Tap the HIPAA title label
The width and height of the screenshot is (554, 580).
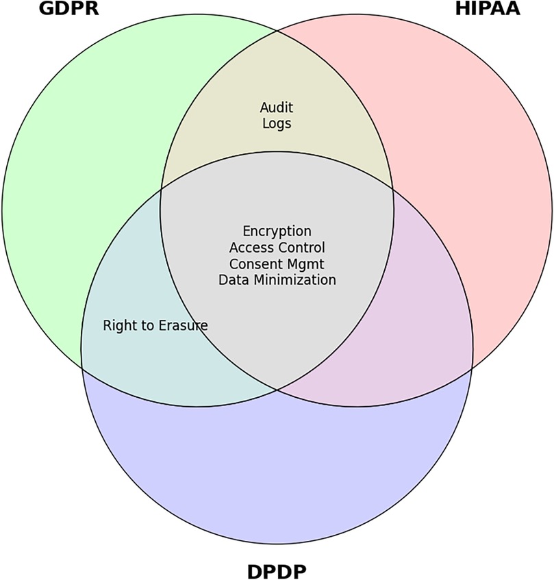click(488, 10)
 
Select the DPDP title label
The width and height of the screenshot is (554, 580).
click(276, 570)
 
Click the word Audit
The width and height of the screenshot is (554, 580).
click(277, 108)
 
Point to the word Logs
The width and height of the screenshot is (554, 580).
click(277, 124)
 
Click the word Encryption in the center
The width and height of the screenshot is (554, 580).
click(277, 231)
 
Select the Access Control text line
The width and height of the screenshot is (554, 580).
click(277, 247)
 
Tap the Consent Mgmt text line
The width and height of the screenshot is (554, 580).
click(277, 264)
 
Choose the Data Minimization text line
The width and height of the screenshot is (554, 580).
click(277, 280)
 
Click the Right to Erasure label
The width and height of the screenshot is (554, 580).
click(155, 325)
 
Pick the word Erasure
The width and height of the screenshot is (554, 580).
click(183, 325)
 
